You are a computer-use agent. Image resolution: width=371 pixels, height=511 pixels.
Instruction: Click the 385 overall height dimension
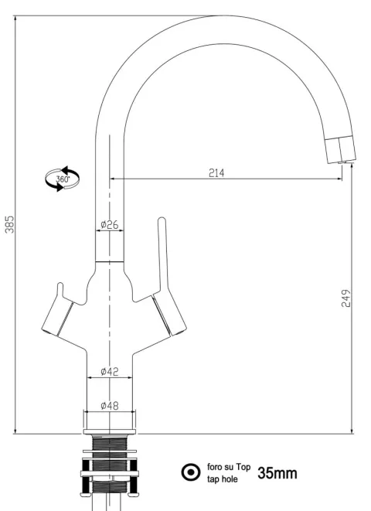(10, 224)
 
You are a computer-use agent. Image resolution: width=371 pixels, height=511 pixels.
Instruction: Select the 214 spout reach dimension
(216, 172)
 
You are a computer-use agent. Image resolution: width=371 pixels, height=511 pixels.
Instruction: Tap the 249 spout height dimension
(346, 298)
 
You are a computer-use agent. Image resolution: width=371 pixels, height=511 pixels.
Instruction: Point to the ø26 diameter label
(110, 224)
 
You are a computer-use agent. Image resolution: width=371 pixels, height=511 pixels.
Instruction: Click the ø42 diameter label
(110, 371)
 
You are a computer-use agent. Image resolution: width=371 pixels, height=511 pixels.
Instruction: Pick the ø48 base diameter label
(110, 406)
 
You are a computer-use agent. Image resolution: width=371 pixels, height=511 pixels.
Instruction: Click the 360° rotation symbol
(62, 179)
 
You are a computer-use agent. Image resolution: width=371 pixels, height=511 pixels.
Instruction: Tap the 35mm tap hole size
(277, 473)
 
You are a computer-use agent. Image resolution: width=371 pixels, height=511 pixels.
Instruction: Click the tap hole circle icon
(191, 472)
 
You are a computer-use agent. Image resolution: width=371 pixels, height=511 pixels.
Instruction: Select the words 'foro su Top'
(229, 467)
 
